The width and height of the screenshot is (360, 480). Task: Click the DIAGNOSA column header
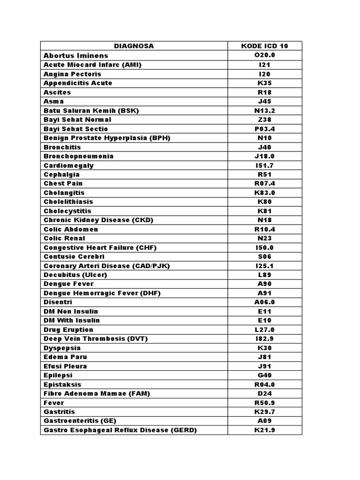(134, 46)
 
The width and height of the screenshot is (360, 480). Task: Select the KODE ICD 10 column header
(264, 46)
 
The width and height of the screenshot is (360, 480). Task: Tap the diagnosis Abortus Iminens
(75, 55)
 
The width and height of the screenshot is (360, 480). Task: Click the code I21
(264, 65)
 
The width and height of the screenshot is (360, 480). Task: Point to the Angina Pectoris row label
(72, 74)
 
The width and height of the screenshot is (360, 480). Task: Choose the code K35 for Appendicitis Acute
(264, 83)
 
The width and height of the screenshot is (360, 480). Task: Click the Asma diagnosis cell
(53, 101)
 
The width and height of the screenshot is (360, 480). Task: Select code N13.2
(264, 111)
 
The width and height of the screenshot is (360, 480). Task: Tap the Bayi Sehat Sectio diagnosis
(75, 129)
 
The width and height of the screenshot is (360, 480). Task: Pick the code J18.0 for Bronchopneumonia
(264, 156)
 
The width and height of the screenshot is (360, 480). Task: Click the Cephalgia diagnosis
(61, 174)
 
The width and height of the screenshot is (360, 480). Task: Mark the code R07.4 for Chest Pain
(264, 183)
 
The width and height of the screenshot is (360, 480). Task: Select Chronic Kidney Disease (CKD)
(98, 220)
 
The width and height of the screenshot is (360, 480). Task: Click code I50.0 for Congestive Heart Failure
(264, 247)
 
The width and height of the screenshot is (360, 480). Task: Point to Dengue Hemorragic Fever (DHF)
(102, 293)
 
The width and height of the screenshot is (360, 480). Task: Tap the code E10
(264, 321)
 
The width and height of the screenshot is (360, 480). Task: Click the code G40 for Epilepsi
(264, 375)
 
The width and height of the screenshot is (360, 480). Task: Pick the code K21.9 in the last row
(264, 430)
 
